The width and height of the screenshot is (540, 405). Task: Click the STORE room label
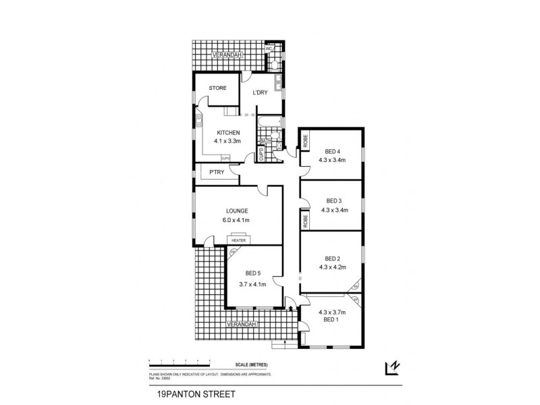[x=217, y=88]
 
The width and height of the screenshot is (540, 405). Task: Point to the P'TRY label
[x=217, y=173]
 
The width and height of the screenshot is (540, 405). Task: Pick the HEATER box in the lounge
[x=238, y=240]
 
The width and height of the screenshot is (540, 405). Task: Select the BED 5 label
[x=252, y=273]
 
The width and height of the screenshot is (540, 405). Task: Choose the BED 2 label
[x=331, y=258]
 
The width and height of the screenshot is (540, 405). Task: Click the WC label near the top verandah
[x=269, y=49]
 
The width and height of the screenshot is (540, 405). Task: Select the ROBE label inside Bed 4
[x=305, y=141]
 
